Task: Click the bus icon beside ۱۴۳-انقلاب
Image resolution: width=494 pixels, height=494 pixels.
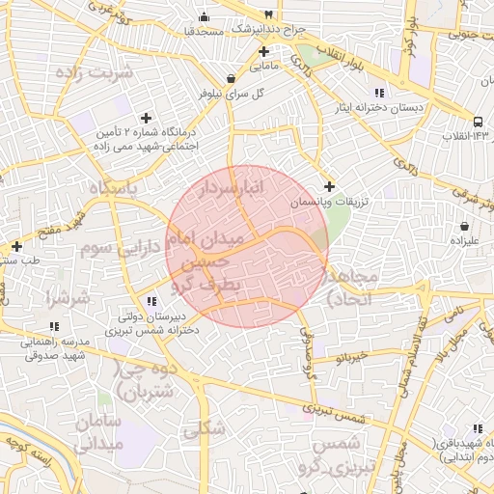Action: [480, 122]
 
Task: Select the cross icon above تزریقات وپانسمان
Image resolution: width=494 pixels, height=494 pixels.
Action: [330, 186]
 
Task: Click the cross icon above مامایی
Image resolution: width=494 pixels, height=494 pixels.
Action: [262, 51]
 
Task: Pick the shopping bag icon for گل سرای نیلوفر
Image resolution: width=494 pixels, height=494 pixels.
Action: [231, 79]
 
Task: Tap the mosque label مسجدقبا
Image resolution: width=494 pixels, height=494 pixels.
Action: [205, 31]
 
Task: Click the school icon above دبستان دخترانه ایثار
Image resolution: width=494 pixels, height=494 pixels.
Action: [379, 93]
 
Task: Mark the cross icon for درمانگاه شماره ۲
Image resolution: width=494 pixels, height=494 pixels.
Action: [147, 118]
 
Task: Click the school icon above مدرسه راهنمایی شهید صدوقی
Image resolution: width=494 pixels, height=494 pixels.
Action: [54, 327]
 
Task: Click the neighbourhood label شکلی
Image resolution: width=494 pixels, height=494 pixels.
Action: [204, 428]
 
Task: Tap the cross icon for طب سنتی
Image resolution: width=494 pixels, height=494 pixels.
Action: [16, 246]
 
